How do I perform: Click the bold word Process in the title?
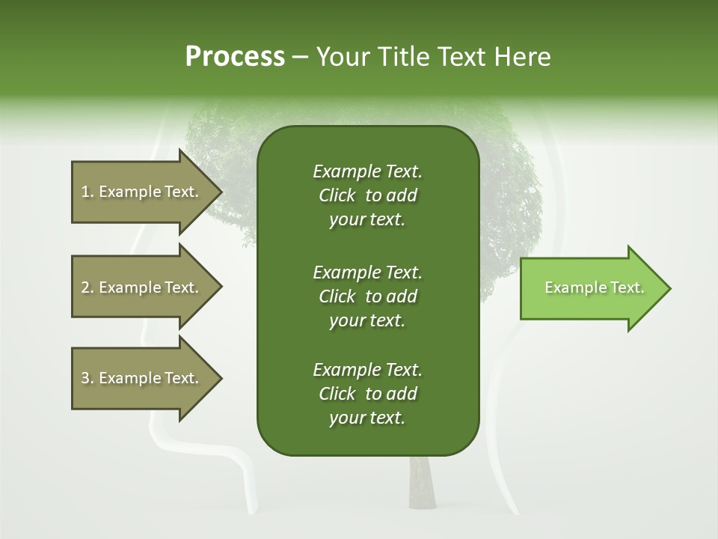coord(235,57)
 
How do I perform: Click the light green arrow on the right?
coord(591,288)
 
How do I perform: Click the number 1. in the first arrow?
coord(88,192)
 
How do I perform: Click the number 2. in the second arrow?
coord(88,287)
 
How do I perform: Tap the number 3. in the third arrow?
coord(88,378)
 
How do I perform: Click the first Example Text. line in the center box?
coord(367,171)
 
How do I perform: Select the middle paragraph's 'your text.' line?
coord(367,320)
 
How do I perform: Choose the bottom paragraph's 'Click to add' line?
coord(367,394)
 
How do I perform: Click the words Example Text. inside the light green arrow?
coord(594,287)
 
